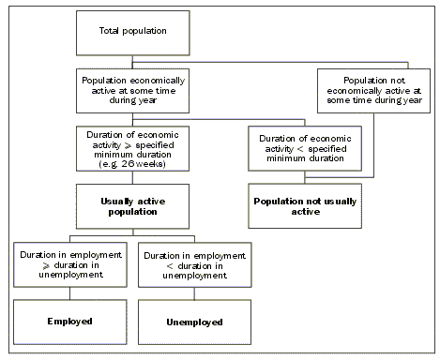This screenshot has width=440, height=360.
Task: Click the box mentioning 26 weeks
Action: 132,146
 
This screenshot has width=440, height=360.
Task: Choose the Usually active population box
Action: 132,205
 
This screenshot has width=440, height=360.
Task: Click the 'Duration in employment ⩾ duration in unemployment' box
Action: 70,264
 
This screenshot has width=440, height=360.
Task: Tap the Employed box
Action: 70,322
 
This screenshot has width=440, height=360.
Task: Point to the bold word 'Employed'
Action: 70,322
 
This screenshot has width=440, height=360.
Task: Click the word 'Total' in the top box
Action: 110,31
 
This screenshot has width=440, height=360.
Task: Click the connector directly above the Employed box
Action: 70,292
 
